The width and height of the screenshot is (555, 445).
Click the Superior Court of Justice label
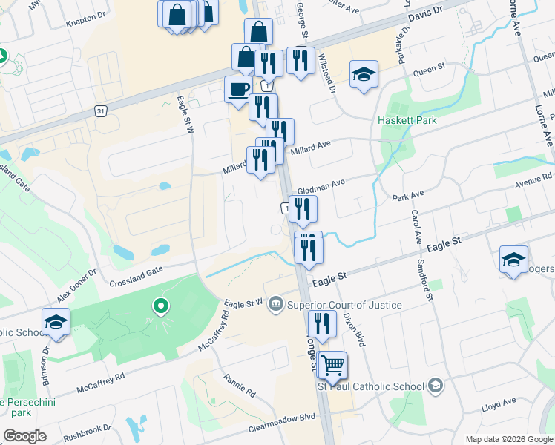(344, 305)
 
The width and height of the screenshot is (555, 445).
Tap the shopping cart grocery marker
(332, 365)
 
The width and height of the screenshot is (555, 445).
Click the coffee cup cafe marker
(238, 90)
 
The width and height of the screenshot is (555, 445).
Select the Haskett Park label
(407, 120)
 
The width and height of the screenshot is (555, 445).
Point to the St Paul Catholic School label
(371, 386)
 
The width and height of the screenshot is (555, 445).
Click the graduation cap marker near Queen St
(364, 75)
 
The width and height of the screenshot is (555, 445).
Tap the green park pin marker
(160, 305)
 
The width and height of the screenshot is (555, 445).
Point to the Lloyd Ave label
(498, 402)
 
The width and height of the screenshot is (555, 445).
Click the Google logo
(24, 436)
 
